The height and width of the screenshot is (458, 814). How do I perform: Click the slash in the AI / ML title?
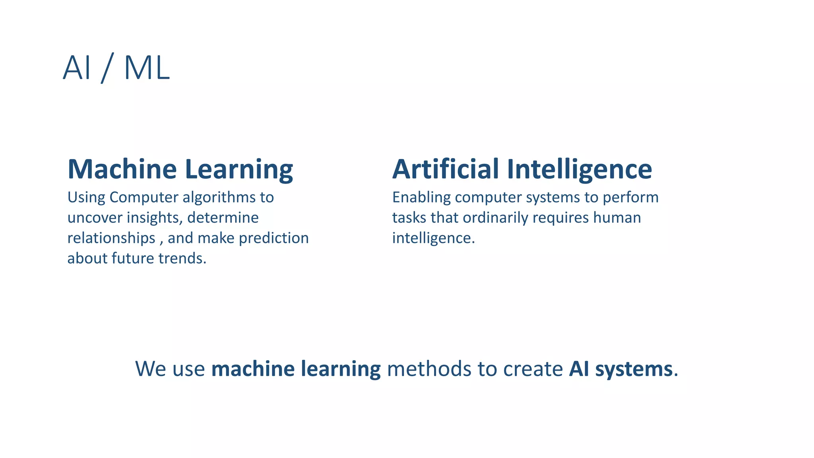[x=108, y=68]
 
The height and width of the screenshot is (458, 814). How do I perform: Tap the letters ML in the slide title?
[x=147, y=68]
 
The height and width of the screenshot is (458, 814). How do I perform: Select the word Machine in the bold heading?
[x=122, y=169]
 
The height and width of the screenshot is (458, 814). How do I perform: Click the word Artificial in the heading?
[x=445, y=169]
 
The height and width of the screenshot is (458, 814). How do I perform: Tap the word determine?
[x=223, y=218]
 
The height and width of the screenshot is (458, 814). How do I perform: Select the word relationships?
[x=111, y=238]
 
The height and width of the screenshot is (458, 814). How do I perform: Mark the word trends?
[x=182, y=258]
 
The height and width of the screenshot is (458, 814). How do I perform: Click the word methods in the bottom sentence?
[x=429, y=369]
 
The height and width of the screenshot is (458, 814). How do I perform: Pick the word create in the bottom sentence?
[x=533, y=369]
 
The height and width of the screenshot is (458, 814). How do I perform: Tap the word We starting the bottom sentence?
[x=151, y=369]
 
